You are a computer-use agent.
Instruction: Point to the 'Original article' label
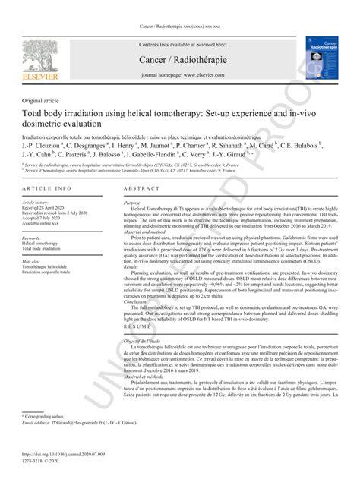43,100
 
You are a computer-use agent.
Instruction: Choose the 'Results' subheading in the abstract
133,268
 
